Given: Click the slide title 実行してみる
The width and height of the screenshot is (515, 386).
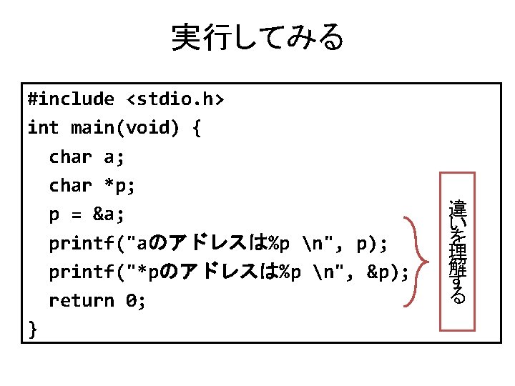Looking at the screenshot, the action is (x=257, y=38).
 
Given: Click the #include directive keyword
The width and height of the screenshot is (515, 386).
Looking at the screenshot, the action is (x=70, y=99).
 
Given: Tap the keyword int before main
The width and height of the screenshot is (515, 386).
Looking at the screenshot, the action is (x=43, y=128).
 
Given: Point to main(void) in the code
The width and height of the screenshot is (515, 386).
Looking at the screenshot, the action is (x=126, y=128).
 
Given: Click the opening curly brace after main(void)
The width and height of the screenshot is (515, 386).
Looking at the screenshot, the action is (x=196, y=129).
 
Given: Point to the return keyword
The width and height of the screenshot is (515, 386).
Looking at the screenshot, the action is (x=82, y=301).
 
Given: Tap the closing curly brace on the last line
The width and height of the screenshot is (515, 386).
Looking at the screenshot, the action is (x=32, y=329).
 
